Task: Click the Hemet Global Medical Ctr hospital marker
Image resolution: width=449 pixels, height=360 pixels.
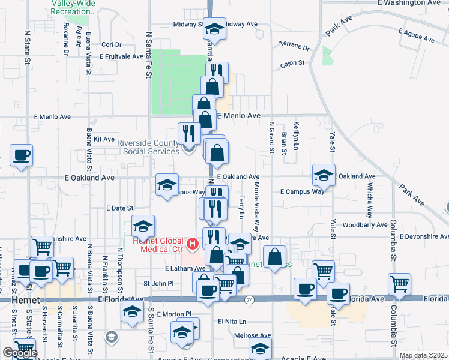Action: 193,243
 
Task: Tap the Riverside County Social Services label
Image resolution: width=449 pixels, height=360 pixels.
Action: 148,147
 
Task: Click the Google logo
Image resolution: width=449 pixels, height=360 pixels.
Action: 20,353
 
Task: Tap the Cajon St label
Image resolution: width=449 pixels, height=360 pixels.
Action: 293,62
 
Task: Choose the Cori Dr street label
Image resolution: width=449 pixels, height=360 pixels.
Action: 112,44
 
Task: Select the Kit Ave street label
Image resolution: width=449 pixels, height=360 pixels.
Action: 104,139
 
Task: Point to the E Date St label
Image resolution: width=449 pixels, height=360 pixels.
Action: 119,208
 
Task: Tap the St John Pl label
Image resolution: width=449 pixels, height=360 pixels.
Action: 158,283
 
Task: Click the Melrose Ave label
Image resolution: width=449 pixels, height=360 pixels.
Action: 255,336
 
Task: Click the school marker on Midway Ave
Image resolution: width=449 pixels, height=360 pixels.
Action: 214,28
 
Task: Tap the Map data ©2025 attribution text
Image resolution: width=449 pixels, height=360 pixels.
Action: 423,356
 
